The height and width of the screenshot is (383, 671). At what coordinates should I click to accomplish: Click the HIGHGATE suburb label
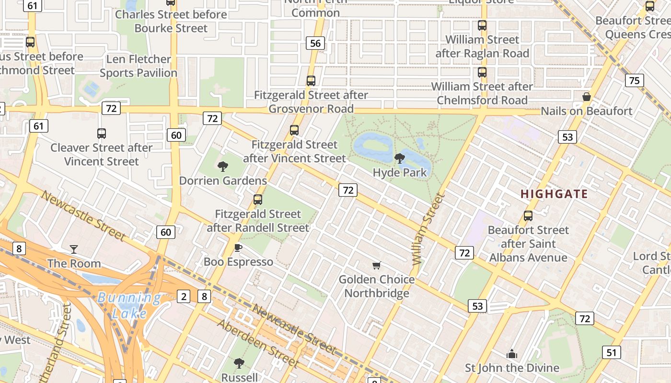click(x=554, y=194)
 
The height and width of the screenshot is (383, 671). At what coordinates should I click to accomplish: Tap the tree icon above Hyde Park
click(x=399, y=158)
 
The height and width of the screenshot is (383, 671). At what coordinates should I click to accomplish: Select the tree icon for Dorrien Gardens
click(x=222, y=167)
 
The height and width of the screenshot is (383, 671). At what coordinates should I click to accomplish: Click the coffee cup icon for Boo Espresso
click(x=238, y=248)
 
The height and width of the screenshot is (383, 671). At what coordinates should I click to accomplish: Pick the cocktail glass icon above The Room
click(x=74, y=249)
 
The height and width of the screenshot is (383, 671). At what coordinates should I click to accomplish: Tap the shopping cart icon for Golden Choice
click(x=377, y=265)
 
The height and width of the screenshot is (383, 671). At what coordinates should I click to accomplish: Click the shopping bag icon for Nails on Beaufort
click(x=586, y=97)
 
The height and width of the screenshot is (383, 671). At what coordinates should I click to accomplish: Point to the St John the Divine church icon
click(x=512, y=354)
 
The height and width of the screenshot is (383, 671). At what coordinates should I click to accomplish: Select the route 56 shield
click(x=315, y=44)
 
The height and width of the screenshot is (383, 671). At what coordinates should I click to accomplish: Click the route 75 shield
click(x=634, y=80)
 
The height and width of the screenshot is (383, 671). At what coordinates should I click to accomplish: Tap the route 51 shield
click(x=611, y=353)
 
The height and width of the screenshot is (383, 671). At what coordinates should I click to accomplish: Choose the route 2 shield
click(x=184, y=296)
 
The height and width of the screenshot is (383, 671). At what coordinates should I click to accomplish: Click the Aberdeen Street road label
click(x=258, y=343)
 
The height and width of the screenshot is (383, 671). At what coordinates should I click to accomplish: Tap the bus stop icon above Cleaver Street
click(x=102, y=134)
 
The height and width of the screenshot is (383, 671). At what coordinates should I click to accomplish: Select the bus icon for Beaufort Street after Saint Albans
click(x=528, y=216)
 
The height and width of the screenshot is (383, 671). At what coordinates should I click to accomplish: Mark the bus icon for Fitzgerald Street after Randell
click(x=258, y=200)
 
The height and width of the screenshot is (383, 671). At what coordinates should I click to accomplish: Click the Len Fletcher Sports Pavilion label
click(x=139, y=66)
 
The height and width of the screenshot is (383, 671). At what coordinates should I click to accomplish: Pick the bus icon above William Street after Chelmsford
click(x=482, y=73)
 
